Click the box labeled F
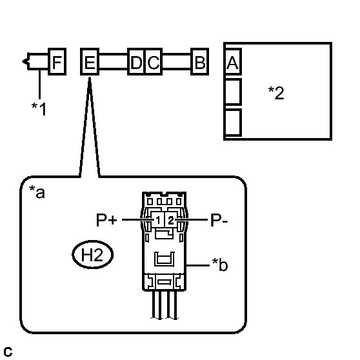pyautogui.click(x=57, y=61)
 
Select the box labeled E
pyautogui.click(x=90, y=61)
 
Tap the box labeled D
pyautogui.click(x=136, y=61)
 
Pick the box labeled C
pyautogui.click(x=154, y=61)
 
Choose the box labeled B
pyautogui.click(x=200, y=61)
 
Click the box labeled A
pyautogui.click(x=233, y=61)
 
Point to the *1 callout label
pyautogui.click(x=39, y=108)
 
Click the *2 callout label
pyautogui.click(x=276, y=93)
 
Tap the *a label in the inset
pyautogui.click(x=37, y=192)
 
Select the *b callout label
pyautogui.click(x=220, y=265)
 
